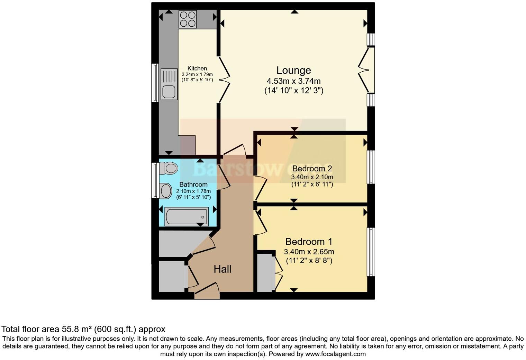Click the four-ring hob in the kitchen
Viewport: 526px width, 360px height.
[188, 19]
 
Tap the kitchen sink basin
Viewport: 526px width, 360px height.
[169, 92]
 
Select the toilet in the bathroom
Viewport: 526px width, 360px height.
[169, 169]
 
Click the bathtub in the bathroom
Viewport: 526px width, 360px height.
[187, 216]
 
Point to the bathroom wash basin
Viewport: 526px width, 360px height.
[166, 191]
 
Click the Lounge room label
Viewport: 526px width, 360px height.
[293, 70]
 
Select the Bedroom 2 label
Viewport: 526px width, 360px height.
[312, 169]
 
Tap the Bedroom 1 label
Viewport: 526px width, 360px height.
[309, 242]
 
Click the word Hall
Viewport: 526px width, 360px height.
[222, 269]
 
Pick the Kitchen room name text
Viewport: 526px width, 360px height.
[197, 69]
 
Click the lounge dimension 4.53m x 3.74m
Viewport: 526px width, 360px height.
[293, 81]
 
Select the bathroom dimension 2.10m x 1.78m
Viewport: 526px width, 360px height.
[193, 191]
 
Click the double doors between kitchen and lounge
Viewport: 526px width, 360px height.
[224, 79]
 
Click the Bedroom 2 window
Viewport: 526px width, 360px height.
[371, 167]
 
